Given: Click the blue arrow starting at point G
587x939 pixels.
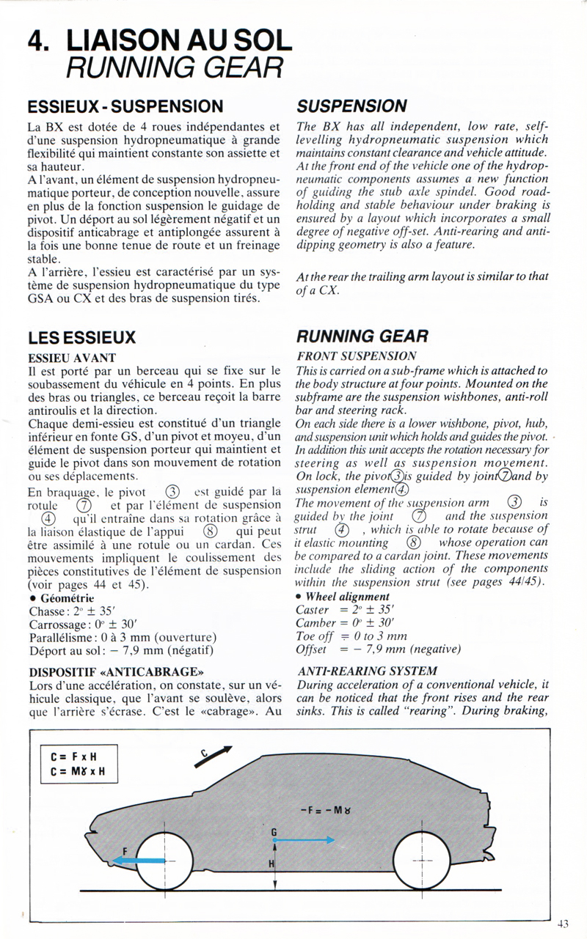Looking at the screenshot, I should (305, 841).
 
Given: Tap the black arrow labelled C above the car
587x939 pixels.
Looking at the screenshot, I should (213, 758).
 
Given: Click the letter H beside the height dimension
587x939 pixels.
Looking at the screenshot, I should (271, 864).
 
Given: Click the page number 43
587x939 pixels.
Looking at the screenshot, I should (563, 924).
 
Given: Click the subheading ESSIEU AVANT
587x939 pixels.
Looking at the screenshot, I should (72, 358).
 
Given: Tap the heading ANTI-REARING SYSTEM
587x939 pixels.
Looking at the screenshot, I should (368, 671).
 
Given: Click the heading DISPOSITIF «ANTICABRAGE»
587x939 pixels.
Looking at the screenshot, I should (116, 671).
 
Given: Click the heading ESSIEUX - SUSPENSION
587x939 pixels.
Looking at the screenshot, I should (125, 107).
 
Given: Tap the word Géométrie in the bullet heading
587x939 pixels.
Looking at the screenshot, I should (70, 597).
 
